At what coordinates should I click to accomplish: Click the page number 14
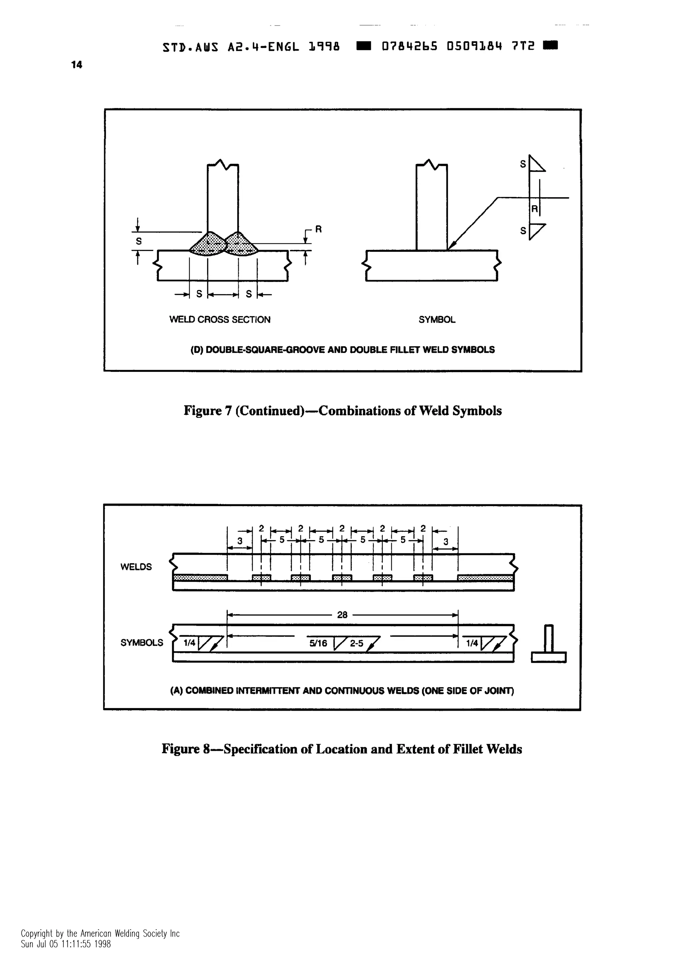77,65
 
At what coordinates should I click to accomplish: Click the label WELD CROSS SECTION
220,320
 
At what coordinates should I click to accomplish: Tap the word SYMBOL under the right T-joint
437,320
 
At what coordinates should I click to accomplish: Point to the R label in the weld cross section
318,229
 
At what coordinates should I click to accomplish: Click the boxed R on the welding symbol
534,208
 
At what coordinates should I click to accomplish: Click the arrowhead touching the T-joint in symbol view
452,245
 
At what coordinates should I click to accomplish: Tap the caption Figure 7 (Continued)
342,411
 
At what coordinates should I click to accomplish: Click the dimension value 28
342,615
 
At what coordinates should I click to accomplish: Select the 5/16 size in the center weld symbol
319,643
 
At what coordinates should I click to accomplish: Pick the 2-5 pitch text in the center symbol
356,643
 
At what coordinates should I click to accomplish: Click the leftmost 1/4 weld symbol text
189,643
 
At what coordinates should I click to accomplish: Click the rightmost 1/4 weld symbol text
472,643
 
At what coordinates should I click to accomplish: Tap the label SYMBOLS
142,643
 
